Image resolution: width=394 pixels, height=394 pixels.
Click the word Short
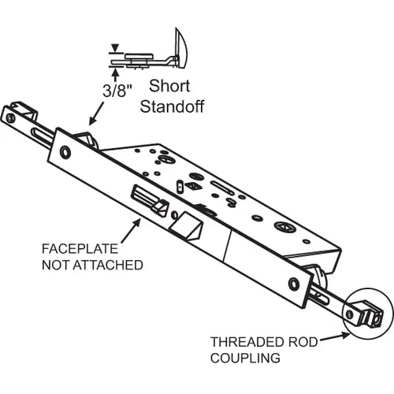(168, 89)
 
